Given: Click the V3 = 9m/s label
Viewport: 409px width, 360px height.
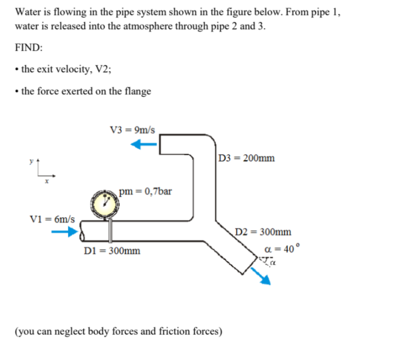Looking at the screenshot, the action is click(x=133, y=130).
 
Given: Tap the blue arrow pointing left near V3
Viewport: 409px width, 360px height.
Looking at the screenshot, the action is click(x=145, y=145).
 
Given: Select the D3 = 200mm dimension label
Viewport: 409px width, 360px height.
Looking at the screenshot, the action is click(x=245, y=157).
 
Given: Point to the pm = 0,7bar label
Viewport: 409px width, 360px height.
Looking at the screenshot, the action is click(x=145, y=192).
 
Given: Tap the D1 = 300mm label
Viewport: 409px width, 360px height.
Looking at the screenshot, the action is click(x=112, y=251).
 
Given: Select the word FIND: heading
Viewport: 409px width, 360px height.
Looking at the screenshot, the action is click(x=29, y=47).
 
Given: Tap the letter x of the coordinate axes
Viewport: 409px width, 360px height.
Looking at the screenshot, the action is click(x=47, y=180).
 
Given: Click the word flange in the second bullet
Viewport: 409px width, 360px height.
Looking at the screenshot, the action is click(x=138, y=92).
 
